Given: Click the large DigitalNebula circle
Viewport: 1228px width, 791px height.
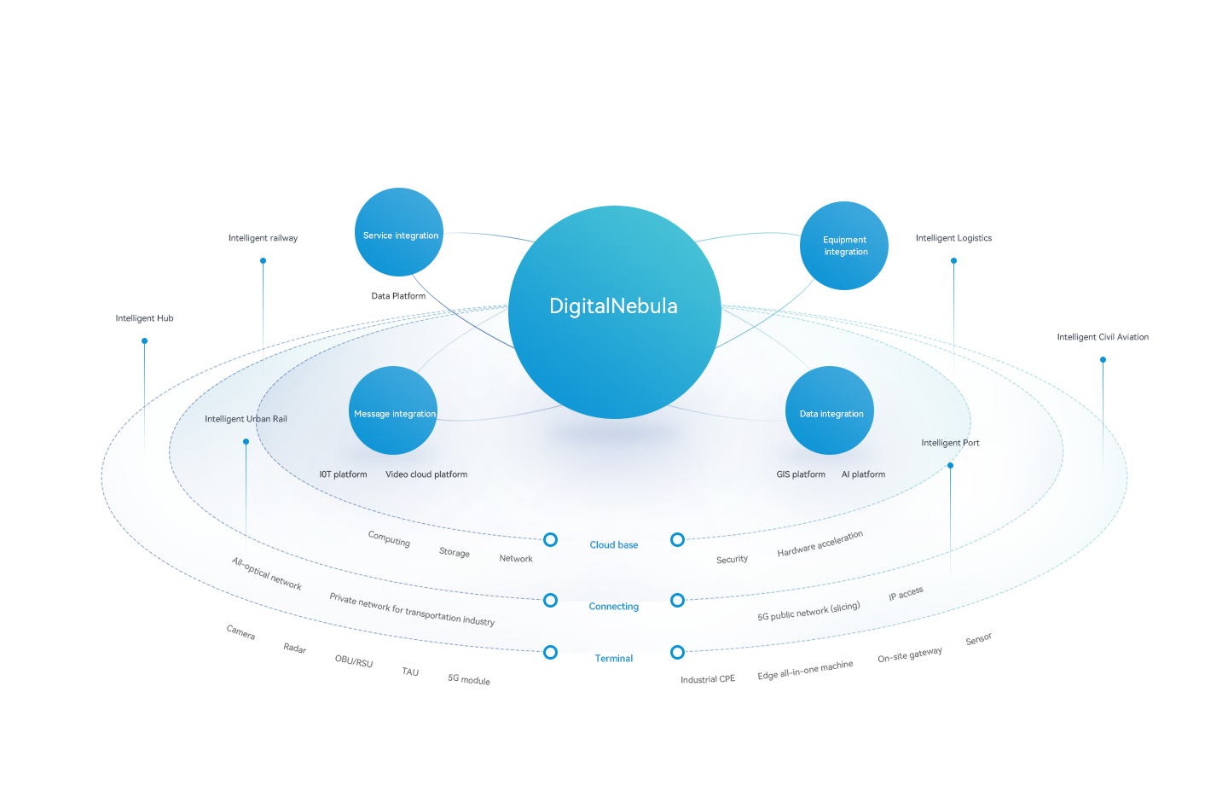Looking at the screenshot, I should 614,312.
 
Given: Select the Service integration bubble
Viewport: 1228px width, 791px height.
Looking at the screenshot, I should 399,232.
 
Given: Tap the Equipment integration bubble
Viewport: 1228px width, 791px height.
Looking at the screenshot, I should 844,246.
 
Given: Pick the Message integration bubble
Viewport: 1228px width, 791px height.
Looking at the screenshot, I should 393,410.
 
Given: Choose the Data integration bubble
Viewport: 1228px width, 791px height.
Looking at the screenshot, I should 830,410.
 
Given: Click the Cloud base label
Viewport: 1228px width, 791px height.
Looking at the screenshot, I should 614,545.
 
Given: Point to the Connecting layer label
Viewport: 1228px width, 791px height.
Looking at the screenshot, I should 614,607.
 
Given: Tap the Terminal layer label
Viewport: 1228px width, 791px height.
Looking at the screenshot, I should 614,659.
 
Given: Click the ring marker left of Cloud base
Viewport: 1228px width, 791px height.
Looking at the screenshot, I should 551,540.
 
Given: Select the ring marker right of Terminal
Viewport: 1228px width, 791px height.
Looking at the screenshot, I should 677,653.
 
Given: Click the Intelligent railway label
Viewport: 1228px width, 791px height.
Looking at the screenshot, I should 263,238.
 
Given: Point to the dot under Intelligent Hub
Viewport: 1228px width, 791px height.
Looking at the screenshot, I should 145,341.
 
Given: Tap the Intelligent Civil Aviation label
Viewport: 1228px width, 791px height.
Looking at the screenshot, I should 1103,337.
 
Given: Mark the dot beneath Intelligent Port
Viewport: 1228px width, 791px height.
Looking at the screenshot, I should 951,465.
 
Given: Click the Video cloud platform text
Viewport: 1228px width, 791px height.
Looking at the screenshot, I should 426,474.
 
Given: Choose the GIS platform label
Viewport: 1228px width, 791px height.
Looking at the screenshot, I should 801,474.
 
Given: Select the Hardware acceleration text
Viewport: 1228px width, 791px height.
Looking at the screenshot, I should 820,544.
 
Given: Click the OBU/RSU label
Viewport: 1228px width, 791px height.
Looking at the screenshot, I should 354,661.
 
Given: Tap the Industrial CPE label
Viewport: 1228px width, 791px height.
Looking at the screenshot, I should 708,679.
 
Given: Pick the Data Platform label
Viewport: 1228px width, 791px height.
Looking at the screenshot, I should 398,296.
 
